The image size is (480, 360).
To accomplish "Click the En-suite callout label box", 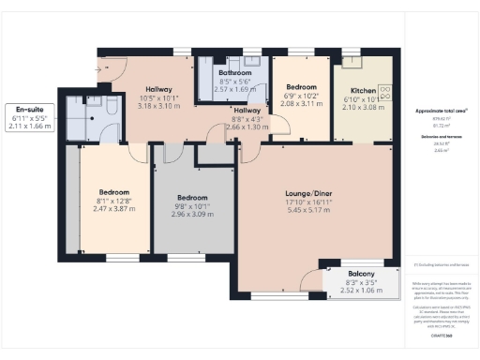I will pyautogui.click(x=28, y=117).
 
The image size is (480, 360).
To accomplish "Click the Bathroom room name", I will pyautogui.click(x=235, y=73).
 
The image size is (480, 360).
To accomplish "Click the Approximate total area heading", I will pyautogui.click(x=441, y=111).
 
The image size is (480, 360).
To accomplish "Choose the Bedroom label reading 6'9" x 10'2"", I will pyautogui.click(x=300, y=85).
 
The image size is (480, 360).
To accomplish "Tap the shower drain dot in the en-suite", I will pyautogui.click(x=90, y=106).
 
